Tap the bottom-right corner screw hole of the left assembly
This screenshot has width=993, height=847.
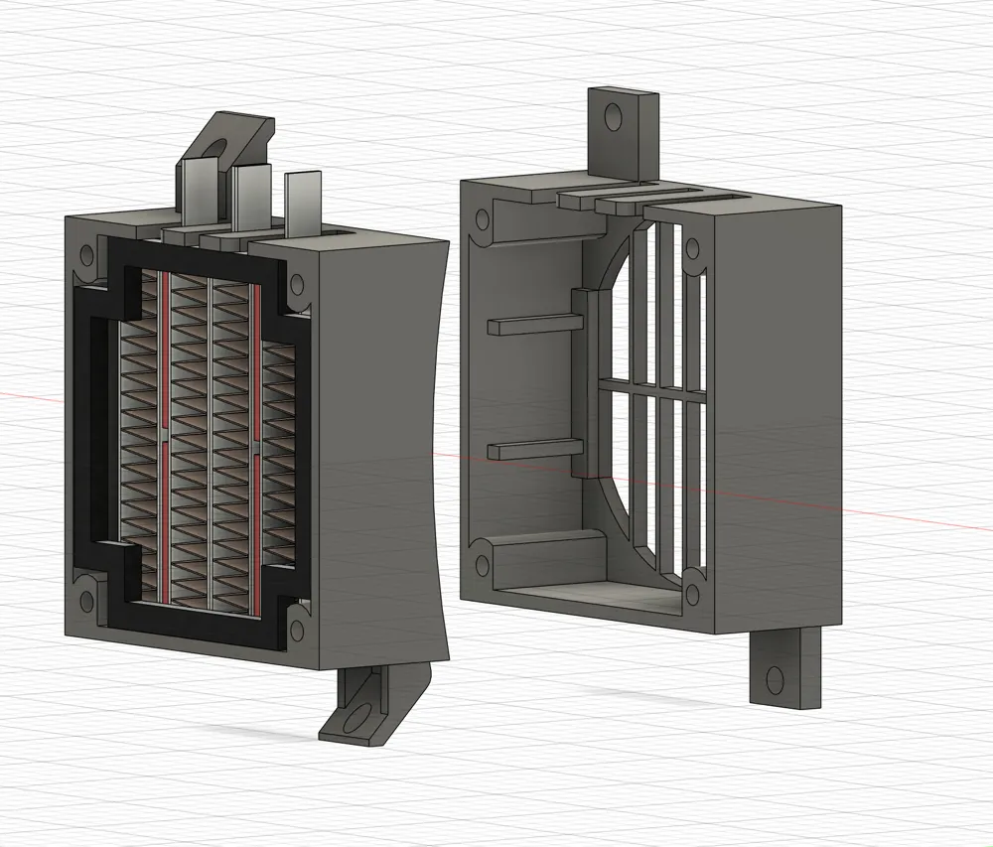click(x=296, y=630)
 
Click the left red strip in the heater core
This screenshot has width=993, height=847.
click(x=164, y=437)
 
